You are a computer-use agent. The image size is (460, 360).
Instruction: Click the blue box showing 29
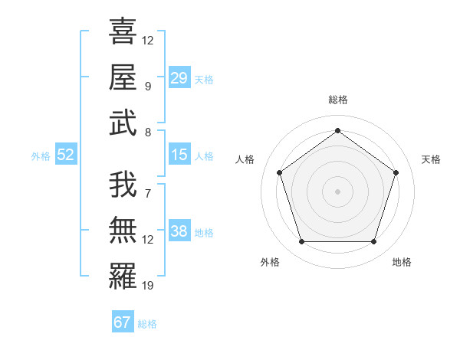tap(179, 78)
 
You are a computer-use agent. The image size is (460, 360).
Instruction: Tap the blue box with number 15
tap(179, 155)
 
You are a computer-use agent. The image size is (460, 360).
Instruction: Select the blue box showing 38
tap(179, 231)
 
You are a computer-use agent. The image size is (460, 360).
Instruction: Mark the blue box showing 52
tap(66, 155)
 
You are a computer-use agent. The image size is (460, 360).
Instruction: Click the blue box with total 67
tap(123, 322)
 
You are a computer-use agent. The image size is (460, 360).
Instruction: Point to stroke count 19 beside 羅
tap(148, 286)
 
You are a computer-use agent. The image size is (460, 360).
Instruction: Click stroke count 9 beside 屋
tap(148, 86)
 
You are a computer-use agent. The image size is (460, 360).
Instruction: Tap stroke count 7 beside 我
tap(148, 194)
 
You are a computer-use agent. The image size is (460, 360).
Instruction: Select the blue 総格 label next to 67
tap(147, 324)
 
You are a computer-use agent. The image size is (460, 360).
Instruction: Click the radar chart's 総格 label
tap(337, 100)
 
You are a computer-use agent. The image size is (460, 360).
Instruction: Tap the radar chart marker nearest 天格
tap(396, 172)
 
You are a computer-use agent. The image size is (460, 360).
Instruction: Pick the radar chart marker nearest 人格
tap(279, 172)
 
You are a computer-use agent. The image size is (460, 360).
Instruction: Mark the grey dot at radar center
tap(337, 191)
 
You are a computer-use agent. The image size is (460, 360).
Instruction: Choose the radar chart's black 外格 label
tap(270, 263)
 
